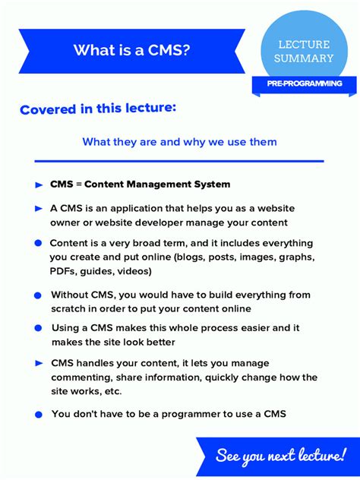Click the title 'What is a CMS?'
coord(131,50)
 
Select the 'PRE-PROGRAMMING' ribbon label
coord(304,84)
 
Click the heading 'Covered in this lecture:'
coord(98,109)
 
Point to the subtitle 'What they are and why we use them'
coord(179,142)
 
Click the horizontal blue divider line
coord(179,161)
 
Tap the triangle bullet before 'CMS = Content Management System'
coord(39,185)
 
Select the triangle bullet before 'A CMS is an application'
coord(39,208)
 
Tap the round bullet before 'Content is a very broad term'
coord(38,243)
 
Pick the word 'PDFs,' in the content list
coord(65,271)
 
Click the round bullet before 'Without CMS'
coord(38,295)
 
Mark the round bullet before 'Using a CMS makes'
coord(38,328)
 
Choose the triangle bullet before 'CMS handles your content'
coord(39,364)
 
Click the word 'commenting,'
coord(81,377)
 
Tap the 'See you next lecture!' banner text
coord(280,456)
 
